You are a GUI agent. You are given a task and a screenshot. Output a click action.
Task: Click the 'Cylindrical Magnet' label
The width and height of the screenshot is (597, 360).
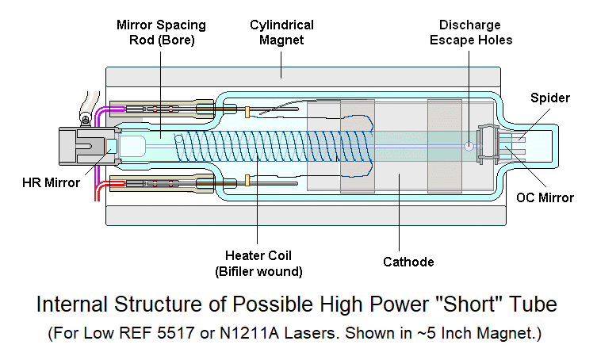pos(281,33)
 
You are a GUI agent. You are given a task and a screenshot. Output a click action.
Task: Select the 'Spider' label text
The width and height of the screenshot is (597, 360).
pos(550,98)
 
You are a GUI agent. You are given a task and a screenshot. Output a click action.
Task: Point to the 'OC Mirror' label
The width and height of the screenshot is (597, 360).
pos(545,197)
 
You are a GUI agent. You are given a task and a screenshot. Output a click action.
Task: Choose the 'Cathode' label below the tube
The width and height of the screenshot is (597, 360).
pos(408,262)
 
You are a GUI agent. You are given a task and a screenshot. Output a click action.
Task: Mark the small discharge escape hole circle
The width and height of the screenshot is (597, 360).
pos(469,146)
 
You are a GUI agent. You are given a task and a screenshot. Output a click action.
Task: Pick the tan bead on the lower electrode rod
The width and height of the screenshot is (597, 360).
pos(248,182)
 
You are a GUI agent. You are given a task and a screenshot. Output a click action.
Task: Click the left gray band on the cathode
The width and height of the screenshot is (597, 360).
pos(357,146)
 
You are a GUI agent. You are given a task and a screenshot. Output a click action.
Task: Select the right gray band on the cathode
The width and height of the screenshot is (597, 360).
pos(444,146)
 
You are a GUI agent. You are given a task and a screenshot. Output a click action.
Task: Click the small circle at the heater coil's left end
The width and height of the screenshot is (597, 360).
pos(179,139)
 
